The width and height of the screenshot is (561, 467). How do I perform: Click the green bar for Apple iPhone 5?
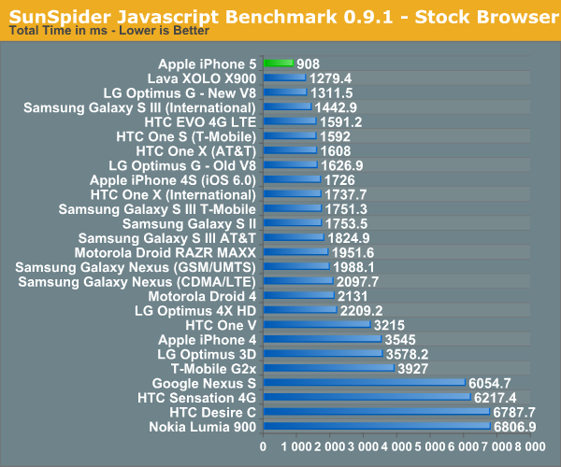tap(278, 64)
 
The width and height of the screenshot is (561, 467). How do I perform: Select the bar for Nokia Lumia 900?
tap(377, 426)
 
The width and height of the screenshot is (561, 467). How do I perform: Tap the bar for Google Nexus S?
tap(364, 382)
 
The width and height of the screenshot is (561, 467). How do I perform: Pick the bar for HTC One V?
tap(316, 324)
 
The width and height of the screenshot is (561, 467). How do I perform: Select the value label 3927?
tap(419, 368)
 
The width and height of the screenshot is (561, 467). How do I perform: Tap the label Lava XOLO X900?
tap(203, 78)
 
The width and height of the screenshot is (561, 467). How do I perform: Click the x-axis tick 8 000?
tap(530, 449)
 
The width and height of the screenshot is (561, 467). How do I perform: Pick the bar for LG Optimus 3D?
tap(323, 353)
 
